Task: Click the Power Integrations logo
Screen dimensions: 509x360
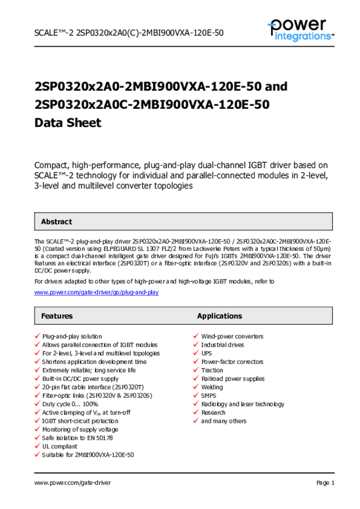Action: click(300, 29)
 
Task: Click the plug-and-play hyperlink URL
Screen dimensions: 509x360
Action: click(96, 292)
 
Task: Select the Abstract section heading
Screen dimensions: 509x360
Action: click(56, 222)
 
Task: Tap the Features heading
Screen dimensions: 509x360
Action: click(57, 316)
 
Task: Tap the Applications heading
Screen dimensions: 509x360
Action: click(219, 316)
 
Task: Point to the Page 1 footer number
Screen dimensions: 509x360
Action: click(325, 483)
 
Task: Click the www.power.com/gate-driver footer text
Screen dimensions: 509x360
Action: click(73, 483)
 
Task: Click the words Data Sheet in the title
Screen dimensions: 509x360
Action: click(68, 123)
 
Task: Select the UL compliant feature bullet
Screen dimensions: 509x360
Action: click(60, 446)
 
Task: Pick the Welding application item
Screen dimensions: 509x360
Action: click(212, 387)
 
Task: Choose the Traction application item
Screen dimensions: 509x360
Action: click(212, 370)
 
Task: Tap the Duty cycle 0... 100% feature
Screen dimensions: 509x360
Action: click(70, 404)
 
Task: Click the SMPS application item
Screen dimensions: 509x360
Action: click(209, 396)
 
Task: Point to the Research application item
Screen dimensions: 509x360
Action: click(213, 413)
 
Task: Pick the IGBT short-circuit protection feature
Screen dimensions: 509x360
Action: click(80, 421)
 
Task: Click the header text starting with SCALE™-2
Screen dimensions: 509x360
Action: click(129, 33)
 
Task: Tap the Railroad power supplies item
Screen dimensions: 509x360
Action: click(233, 379)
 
